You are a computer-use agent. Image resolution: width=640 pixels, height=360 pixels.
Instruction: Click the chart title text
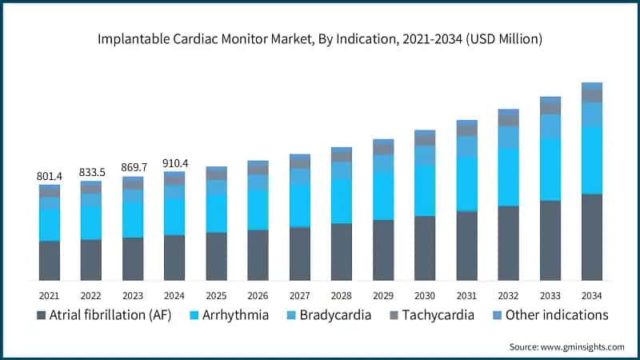[320, 38]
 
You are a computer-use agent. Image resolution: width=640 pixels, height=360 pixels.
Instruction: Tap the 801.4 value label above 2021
[50, 175]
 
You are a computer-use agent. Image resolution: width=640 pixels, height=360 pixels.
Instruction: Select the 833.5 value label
[91, 172]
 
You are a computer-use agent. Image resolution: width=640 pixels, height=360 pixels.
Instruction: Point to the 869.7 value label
[133, 167]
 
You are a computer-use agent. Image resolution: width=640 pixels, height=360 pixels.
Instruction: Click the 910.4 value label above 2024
[174, 162]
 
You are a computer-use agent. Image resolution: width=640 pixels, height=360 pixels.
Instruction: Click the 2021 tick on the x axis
[50, 295]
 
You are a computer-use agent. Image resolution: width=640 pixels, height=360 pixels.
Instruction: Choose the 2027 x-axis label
[299, 295]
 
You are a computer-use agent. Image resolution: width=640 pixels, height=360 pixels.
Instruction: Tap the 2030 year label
[425, 295]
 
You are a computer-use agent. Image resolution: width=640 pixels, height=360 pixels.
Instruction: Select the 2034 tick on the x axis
[591, 295]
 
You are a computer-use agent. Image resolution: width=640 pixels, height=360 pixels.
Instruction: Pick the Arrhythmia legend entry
[232, 315]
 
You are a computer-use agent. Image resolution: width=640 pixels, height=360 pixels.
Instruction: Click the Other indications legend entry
[552, 315]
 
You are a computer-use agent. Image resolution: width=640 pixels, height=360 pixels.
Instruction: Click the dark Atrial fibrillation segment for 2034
[591, 237]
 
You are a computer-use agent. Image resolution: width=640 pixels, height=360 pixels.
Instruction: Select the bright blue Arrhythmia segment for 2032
[508, 177]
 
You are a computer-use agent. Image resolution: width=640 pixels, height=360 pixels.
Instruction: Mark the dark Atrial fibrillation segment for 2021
[50, 260]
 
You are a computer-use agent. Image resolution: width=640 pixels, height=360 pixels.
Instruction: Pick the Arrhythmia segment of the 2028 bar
[342, 201]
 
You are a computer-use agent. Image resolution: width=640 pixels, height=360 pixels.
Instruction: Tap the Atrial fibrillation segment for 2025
[216, 256]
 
